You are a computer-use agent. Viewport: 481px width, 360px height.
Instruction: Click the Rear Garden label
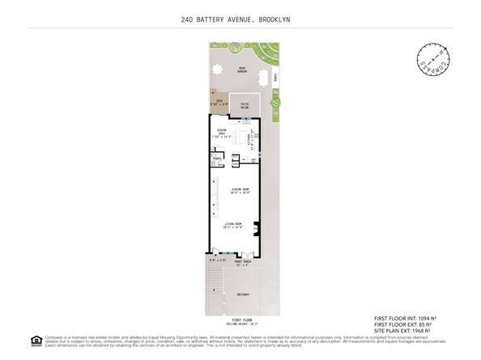click(x=241, y=70)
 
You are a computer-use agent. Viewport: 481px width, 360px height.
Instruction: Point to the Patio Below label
click(x=243, y=105)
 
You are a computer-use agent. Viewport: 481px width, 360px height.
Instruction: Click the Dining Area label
click(x=221, y=134)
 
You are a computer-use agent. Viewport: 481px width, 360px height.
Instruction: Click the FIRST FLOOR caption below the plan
click(x=240, y=320)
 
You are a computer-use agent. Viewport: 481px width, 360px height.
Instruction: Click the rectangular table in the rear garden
click(x=262, y=78)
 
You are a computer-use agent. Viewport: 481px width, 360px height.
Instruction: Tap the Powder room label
click(x=217, y=159)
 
